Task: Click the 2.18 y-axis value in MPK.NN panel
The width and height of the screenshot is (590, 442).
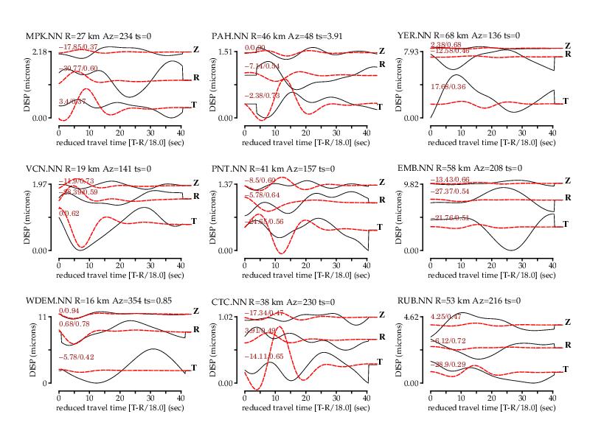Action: click(x=40, y=52)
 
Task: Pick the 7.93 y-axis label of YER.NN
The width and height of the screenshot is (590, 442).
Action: click(x=412, y=52)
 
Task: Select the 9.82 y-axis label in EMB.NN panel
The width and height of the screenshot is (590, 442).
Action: click(x=412, y=184)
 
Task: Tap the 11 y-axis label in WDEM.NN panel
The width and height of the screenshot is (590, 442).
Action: click(x=44, y=317)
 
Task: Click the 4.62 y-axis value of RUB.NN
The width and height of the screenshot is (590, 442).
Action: click(x=412, y=317)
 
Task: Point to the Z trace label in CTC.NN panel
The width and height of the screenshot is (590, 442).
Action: click(x=381, y=315)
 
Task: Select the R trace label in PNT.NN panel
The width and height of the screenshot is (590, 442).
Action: click(x=381, y=200)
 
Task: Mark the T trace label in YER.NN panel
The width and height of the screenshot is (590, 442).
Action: click(x=566, y=100)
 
